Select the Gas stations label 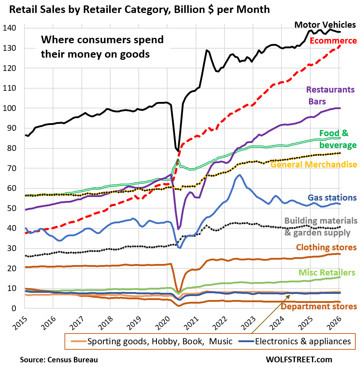coord(332,197)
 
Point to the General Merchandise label coord(314,165)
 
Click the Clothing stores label coord(326,248)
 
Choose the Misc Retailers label coord(327,273)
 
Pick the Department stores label coord(319,306)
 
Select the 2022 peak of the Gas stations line coord(240,175)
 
